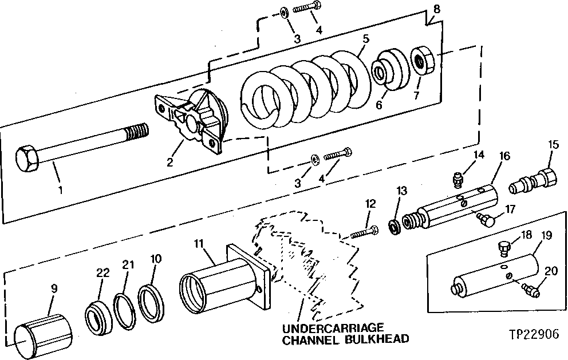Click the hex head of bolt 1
coord(26,155)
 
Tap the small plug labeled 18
coord(504,247)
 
